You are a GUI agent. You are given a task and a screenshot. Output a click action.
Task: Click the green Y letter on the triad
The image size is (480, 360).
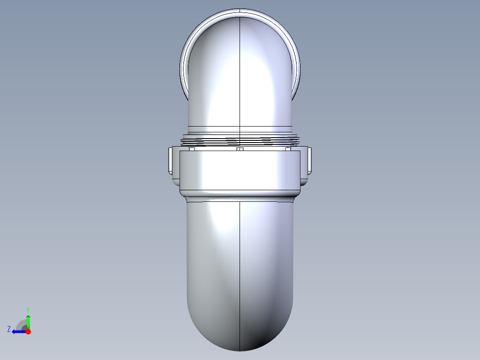click(x=28, y=309)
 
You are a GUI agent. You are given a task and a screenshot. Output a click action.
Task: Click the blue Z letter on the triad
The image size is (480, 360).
click(x=9, y=329)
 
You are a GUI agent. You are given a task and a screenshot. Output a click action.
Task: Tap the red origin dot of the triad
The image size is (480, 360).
click(x=28, y=331)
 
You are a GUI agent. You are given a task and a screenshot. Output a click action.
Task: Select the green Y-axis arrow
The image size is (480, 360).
click(x=28, y=321)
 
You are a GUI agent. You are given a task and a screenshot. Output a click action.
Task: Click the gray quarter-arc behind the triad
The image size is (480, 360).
click(x=21, y=323)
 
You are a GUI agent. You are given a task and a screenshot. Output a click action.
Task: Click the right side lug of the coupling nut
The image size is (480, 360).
click(x=309, y=160)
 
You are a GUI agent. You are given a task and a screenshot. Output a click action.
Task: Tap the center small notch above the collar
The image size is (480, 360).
click(x=240, y=149)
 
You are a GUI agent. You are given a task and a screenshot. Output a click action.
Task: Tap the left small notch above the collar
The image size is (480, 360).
click(x=192, y=149)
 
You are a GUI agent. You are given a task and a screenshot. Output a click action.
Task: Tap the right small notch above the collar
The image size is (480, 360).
click(x=288, y=149)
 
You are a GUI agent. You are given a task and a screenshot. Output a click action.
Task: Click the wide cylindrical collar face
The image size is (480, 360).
click(x=240, y=172)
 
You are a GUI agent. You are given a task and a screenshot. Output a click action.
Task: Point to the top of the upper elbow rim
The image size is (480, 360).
click(x=240, y=10)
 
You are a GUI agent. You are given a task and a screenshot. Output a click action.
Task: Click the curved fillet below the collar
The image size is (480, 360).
click(x=240, y=198)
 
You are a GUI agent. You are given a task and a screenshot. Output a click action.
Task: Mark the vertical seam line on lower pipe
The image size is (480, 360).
click(x=240, y=267)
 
